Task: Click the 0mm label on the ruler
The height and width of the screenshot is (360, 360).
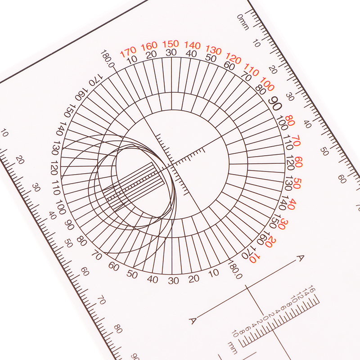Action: (243, 22)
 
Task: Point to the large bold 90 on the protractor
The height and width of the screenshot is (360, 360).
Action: (275, 104)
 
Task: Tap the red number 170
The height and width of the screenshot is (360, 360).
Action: (128, 52)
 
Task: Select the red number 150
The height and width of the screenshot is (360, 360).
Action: (171, 44)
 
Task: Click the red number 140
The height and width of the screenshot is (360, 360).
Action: (193, 45)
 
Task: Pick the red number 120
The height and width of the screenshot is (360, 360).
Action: (234, 58)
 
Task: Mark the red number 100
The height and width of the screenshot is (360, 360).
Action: (267, 84)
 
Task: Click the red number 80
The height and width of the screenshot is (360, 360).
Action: (290, 121)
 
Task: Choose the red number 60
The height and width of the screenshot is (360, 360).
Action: (298, 162)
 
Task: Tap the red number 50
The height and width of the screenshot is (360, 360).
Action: (297, 183)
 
